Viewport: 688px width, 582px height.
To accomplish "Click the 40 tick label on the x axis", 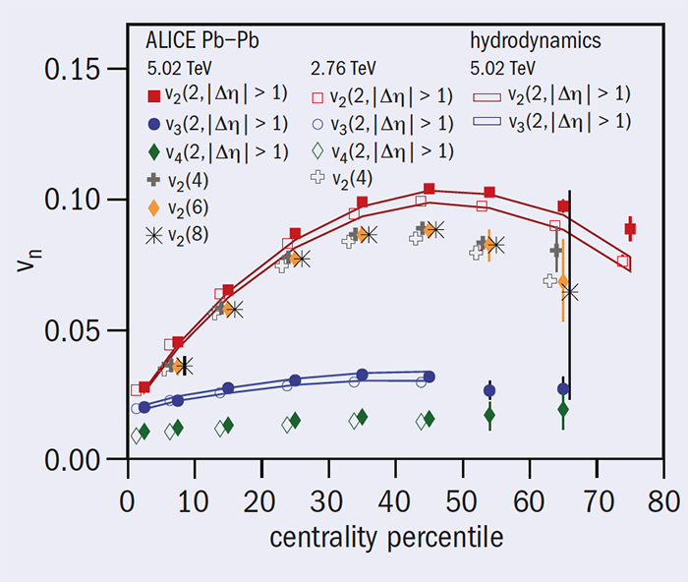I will click(395, 499).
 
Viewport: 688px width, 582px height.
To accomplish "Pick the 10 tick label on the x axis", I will click(193, 499).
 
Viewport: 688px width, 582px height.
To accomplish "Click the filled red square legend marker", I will click(153, 96).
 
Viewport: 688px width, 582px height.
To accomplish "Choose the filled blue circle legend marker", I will click(153, 124).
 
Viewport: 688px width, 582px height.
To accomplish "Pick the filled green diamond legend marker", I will click(153, 151).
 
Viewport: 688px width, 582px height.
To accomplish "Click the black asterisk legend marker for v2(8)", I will click(153, 235).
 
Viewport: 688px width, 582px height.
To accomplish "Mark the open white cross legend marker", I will click(317, 179).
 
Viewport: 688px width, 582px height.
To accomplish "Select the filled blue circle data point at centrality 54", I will click(489, 390).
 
